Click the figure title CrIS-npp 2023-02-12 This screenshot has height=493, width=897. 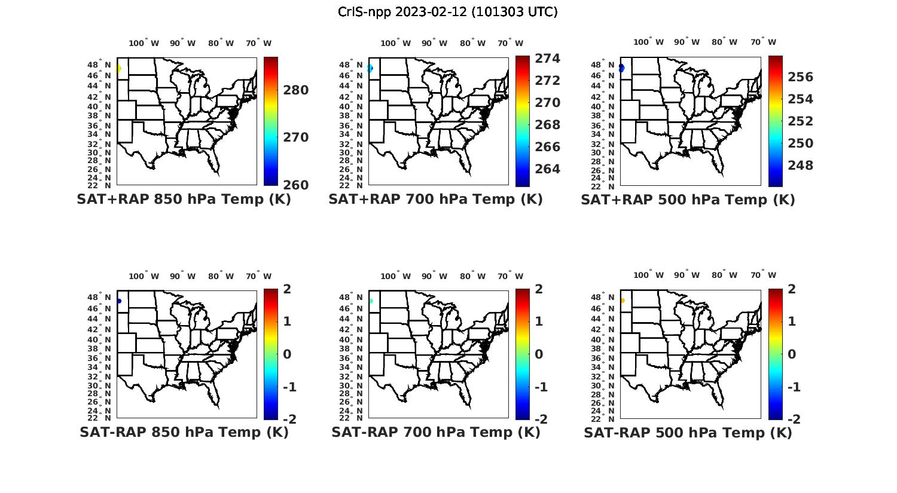coord(447,12)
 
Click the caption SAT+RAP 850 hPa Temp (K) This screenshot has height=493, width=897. coord(184,200)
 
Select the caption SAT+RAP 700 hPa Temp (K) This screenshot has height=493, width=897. coord(435,200)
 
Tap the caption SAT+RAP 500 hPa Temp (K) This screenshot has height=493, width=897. coord(688,200)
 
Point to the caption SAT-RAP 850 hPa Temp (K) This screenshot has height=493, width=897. coord(184,432)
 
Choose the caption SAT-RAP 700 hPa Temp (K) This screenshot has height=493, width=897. coord(436,432)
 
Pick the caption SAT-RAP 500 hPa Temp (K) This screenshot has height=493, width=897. coord(688,433)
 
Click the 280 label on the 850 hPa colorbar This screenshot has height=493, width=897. coord(295,90)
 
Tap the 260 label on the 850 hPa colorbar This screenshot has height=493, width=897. coord(295,185)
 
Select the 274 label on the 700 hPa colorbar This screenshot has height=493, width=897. coord(547,59)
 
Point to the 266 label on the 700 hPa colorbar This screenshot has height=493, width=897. coord(547,147)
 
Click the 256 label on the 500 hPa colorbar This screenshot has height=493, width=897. coord(800,77)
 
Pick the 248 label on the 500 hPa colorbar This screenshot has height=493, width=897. coord(800,166)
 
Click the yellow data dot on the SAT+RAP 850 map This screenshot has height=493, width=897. coord(118,69)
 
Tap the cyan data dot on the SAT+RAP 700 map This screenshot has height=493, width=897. coord(370,69)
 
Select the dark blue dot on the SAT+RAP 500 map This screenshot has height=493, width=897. coord(622,68)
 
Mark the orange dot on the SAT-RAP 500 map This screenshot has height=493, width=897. coord(623,301)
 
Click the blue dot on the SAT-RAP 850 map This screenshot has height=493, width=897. coord(119,301)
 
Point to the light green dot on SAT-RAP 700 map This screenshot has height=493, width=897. coord(371,301)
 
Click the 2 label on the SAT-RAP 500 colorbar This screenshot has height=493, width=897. coord(792,289)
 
